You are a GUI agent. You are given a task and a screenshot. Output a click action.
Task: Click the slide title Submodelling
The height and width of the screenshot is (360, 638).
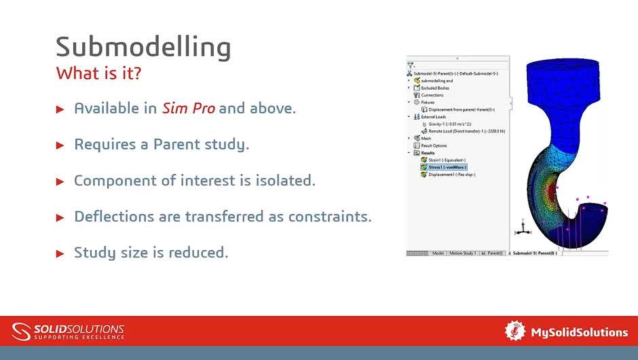pyautogui.click(x=143, y=47)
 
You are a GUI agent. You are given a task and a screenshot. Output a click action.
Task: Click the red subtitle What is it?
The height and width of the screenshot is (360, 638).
pyautogui.click(x=98, y=73)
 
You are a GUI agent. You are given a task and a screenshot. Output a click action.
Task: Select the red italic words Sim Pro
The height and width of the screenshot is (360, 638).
pyautogui.click(x=188, y=108)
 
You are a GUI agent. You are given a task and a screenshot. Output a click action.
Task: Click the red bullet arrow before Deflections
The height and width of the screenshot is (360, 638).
pyautogui.click(x=60, y=217)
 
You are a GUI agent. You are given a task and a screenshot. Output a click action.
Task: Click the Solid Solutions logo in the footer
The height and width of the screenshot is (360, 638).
pyautogui.click(x=68, y=331)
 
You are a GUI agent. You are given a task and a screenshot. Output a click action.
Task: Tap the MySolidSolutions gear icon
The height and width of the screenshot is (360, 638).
pyautogui.click(x=515, y=331)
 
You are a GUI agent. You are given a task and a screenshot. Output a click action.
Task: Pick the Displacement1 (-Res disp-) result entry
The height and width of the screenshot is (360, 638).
pyautogui.click(x=451, y=175)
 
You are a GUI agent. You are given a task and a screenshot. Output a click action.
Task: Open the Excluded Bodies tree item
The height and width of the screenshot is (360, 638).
pyautogui.click(x=434, y=88)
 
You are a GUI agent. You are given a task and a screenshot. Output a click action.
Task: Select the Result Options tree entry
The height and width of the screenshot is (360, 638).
pyautogui.click(x=434, y=145)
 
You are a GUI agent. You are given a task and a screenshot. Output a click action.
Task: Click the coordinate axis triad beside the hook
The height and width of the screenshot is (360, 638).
pyautogui.click(x=521, y=229)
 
